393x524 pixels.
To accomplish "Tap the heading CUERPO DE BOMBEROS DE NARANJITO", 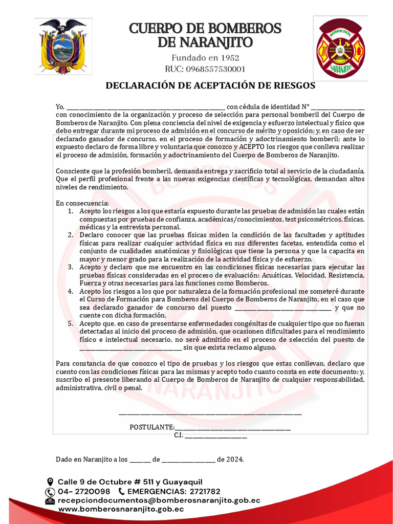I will coord(205,35).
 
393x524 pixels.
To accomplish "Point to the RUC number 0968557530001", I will coord(205,69).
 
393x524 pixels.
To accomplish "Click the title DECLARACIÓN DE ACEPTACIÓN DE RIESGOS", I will coord(210,85).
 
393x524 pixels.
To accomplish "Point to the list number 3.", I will coord(71,267).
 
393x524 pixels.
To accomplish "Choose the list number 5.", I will coord(71,323).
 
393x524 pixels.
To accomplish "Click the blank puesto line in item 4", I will coord(283,308).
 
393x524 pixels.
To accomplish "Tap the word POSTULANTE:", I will coord(152,427).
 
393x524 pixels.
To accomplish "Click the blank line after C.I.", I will coord(215,435).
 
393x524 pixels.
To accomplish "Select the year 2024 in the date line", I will coord(234,460).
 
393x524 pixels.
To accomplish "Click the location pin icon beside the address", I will coord(50,482).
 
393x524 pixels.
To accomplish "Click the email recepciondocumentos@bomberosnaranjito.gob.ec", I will coord(159,500).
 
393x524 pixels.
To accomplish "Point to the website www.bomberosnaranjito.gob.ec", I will coord(121,509).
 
